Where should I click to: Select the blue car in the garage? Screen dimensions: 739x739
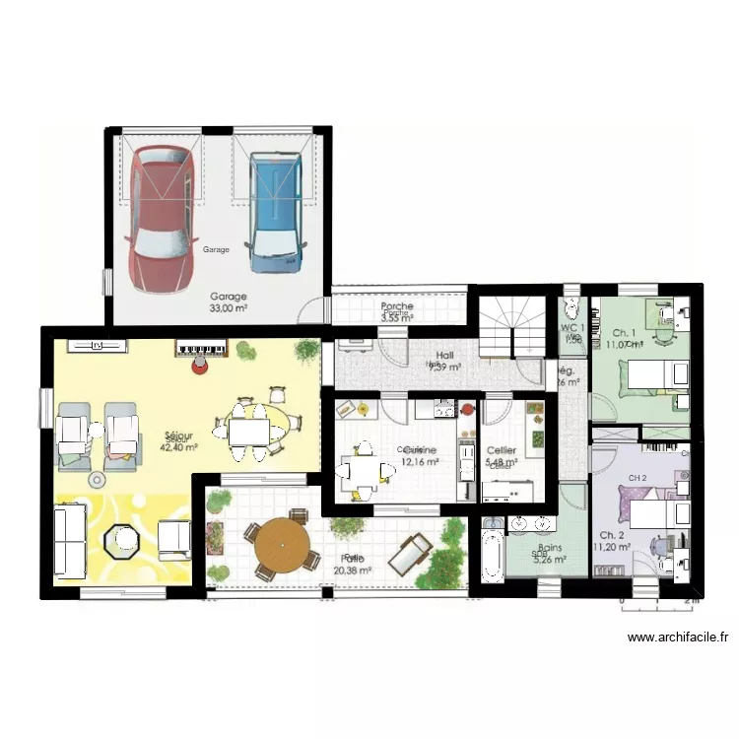tap(274, 212)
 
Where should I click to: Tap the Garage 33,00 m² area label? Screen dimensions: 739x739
tap(229, 302)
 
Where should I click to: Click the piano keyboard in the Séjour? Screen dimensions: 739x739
tap(202, 348)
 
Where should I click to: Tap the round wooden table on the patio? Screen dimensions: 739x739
tap(282, 548)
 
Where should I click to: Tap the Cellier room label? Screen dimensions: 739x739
tap(502, 451)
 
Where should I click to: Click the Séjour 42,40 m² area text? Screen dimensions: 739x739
tap(180, 440)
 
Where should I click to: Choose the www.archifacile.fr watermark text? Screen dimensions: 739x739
tap(677, 638)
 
